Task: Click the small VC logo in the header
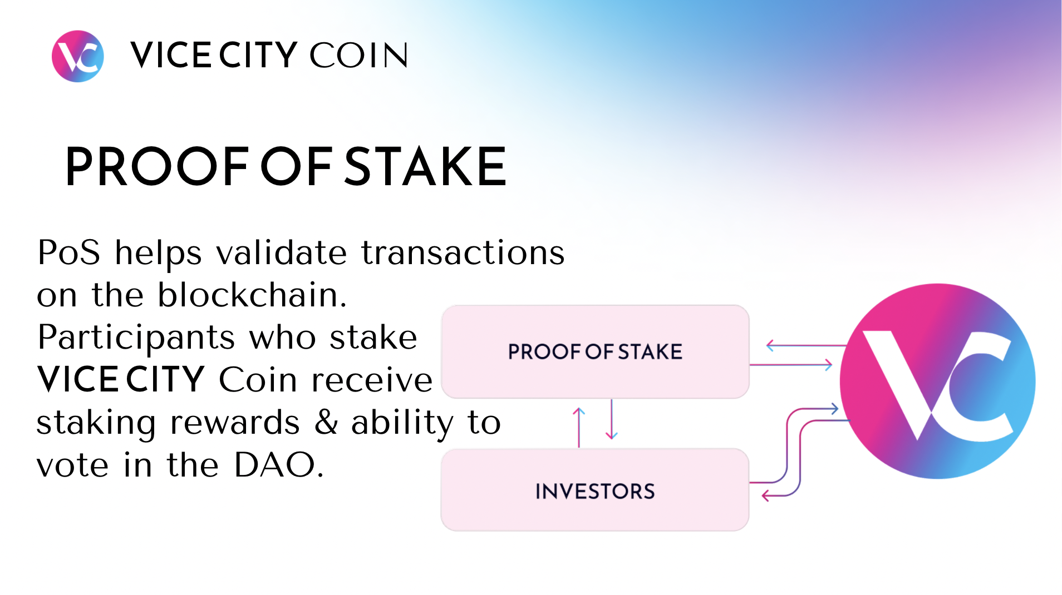point(77,56)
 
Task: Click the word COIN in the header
point(358,56)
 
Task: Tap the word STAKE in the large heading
point(425,166)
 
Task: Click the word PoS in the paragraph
point(69,252)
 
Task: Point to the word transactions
point(463,252)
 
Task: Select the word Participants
point(136,338)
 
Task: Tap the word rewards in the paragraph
point(235,423)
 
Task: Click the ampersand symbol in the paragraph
point(326,423)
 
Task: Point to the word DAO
point(275,465)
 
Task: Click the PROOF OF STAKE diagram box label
point(595,352)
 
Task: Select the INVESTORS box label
point(595,492)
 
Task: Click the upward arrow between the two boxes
point(579,427)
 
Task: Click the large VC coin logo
point(937,381)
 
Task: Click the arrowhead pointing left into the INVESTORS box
point(766,495)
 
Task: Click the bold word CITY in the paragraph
point(165,380)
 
